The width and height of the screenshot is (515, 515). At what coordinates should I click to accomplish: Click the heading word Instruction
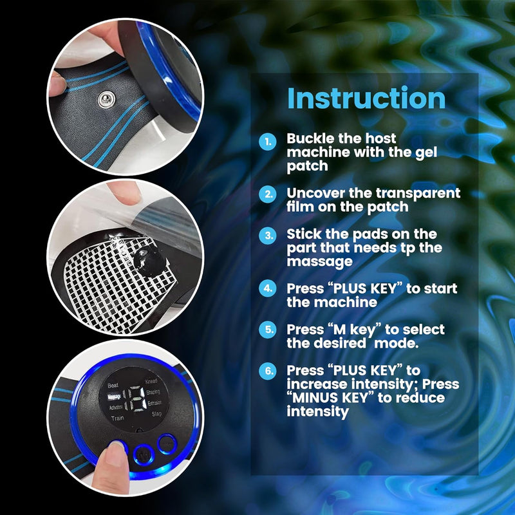click(366, 98)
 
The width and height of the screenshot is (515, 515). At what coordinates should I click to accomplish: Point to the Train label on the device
click(117, 418)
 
